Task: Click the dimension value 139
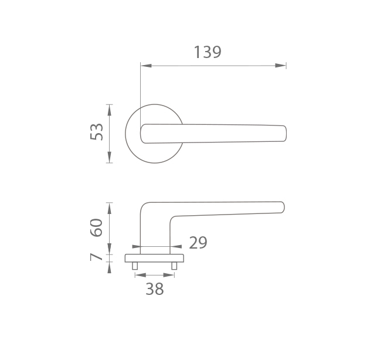(207, 52)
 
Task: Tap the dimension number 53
(96, 132)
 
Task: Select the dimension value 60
(96, 227)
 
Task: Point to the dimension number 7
(96, 257)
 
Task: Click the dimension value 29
(198, 243)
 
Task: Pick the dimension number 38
(155, 289)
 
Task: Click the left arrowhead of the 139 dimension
(146, 66)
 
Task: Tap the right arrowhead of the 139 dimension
(281, 66)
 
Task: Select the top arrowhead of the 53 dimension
(110, 110)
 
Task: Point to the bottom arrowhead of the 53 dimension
(110, 157)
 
